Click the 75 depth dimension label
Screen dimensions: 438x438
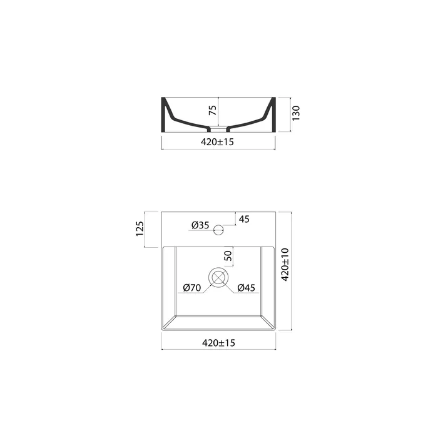(x=213, y=110)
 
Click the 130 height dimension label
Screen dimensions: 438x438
(x=296, y=113)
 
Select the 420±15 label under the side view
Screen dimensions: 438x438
(x=217, y=142)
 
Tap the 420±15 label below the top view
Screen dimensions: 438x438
(x=218, y=343)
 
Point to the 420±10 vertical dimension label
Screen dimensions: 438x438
(x=285, y=265)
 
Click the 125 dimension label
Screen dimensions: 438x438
(x=140, y=229)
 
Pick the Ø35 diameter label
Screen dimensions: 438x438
(x=200, y=225)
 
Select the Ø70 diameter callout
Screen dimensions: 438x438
(x=192, y=287)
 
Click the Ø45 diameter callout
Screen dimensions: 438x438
(x=246, y=287)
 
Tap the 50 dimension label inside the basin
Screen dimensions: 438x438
(x=228, y=255)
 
